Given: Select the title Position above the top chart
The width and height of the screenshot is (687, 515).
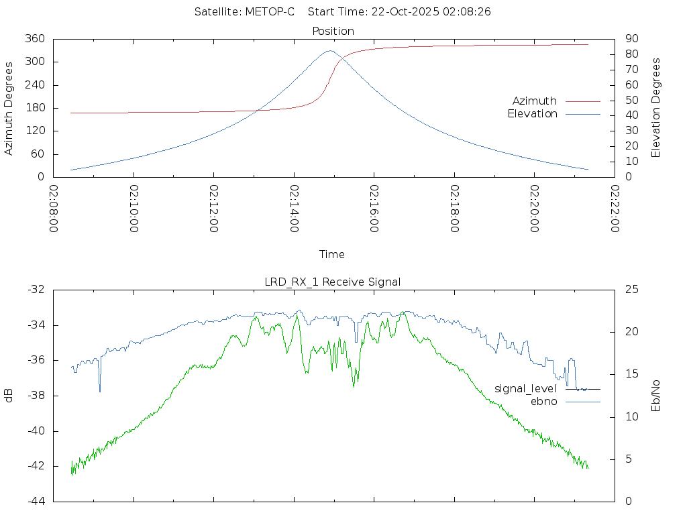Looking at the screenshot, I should (333, 31).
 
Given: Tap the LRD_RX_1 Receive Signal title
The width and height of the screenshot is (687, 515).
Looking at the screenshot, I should (333, 282).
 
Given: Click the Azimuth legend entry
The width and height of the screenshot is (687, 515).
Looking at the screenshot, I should (535, 101).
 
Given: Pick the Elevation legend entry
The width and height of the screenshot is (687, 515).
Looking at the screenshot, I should (532, 114).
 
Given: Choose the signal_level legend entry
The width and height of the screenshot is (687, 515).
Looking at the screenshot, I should (525, 389).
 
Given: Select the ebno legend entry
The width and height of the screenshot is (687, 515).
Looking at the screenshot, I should (544, 402).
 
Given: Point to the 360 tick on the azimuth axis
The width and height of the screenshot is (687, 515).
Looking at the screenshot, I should (36, 39).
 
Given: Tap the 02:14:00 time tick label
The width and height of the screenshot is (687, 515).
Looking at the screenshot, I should (295, 209).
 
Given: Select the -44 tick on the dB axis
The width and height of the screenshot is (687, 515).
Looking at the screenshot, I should (36, 501).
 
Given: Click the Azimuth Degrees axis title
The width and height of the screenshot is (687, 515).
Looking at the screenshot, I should (9, 108).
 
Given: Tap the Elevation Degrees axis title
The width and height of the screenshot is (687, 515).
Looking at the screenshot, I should (657, 107).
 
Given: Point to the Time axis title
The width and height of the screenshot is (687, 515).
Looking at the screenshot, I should (332, 254).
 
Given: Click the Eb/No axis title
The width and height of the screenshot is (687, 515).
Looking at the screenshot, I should (657, 395).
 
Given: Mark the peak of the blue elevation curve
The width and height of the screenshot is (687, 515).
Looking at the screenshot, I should (329, 51).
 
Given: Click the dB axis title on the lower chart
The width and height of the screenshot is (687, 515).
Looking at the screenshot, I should (9, 395).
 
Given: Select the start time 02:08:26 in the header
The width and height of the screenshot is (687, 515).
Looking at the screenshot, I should (470, 11).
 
